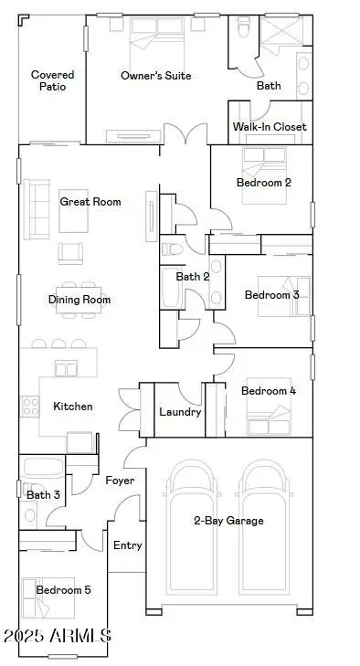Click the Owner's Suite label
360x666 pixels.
(x=155, y=76)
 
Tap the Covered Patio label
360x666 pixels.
(x=52, y=80)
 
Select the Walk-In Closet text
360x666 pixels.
(x=269, y=127)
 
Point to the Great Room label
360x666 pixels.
(x=90, y=201)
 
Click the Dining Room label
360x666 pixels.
(x=79, y=300)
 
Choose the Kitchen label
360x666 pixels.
(x=72, y=407)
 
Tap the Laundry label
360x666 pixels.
(x=180, y=412)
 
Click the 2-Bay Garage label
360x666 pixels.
(x=228, y=521)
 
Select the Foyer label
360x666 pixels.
(x=120, y=481)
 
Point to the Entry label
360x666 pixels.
(x=127, y=545)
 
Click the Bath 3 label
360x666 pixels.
(x=44, y=495)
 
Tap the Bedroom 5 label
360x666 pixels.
(x=63, y=590)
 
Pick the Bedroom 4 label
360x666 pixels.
(x=268, y=391)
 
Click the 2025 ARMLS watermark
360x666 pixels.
(x=57, y=635)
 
